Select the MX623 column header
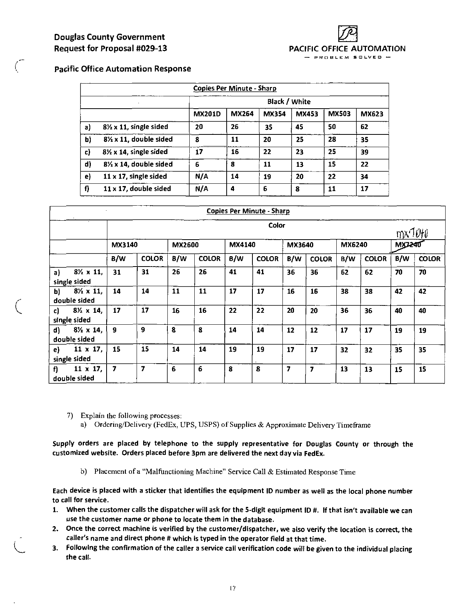click(x=372, y=114)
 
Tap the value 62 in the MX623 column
click(x=364, y=127)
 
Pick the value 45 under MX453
click(x=299, y=127)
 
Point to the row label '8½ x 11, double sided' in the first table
click(x=137, y=139)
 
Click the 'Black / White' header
click(x=289, y=102)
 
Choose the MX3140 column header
click(x=124, y=245)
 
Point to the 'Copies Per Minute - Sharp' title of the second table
click(x=248, y=211)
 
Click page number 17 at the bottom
click(x=232, y=589)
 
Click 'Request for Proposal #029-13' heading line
click(x=110, y=49)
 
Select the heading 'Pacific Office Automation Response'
click(x=122, y=69)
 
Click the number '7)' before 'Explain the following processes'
click(x=70, y=416)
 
